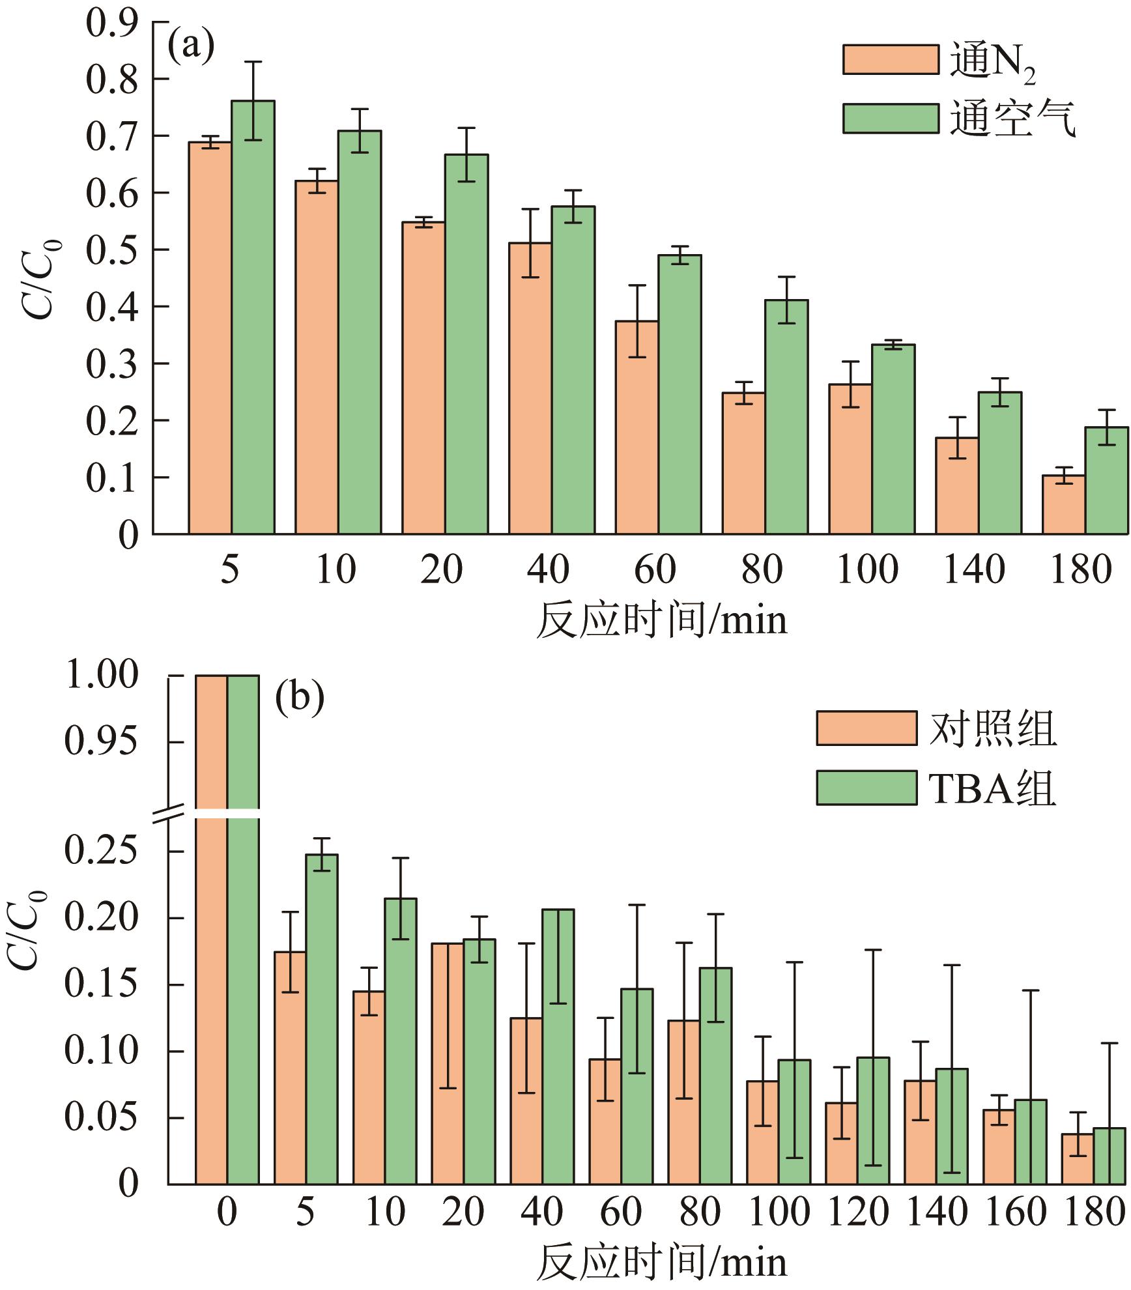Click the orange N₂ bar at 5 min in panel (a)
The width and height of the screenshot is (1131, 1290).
pos(210,339)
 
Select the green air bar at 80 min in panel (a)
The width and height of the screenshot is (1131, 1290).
pos(786,417)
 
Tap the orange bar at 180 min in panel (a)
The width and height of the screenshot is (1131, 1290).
pos(1063,505)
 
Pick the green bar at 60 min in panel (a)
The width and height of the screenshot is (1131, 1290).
pos(680,394)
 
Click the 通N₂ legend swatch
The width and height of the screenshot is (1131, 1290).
pos(891,60)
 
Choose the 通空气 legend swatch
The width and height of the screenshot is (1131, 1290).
pos(891,119)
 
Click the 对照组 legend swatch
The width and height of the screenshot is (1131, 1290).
pos(866,728)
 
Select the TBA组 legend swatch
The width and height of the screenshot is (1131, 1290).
pos(866,788)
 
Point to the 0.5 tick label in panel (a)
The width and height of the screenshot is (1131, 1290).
pos(112,250)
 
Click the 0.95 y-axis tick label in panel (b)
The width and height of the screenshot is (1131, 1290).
pos(102,741)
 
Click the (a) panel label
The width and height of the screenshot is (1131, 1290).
pos(191,48)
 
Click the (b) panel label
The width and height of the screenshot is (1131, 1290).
pos(299,698)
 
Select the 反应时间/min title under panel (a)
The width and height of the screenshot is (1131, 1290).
pos(661,620)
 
